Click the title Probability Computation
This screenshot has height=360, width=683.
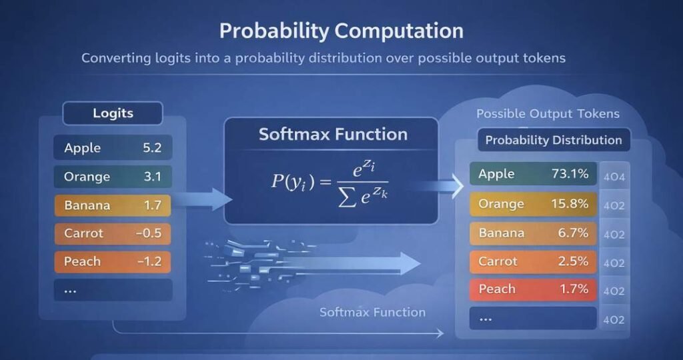coord(341,31)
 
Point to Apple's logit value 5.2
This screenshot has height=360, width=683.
coord(152,148)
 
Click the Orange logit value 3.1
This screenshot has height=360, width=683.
coord(152,177)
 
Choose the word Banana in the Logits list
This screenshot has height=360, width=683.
coord(87,205)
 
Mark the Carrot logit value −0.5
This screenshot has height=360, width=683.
coord(149,233)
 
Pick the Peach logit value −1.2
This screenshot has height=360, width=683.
coord(149,261)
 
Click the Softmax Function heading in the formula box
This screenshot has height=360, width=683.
coord(333,134)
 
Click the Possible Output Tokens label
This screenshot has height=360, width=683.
coord(548,114)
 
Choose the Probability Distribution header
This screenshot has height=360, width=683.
coord(553,140)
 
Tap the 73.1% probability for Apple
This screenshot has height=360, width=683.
coord(570,174)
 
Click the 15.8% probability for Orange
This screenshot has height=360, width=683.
coord(570,203)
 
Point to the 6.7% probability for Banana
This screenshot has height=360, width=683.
coord(572,233)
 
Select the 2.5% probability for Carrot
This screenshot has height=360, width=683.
coord(572,261)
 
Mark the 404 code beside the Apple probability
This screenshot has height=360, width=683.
coord(614,177)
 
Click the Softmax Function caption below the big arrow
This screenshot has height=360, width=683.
coord(372,312)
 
